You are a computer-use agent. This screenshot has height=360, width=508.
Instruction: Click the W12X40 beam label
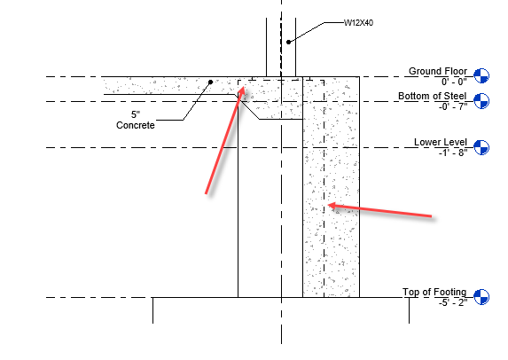pyautogui.click(x=358, y=23)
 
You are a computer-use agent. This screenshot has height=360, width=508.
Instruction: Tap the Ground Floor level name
pyautogui.click(x=438, y=71)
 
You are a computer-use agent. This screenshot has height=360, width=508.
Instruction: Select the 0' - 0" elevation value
pyautogui.click(x=454, y=82)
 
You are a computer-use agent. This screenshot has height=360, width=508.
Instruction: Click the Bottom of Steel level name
pyautogui.click(x=432, y=96)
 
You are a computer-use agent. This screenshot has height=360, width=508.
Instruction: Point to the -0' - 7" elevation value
pyautogui.click(x=453, y=106)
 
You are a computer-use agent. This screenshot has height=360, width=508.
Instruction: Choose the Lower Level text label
pyautogui.click(x=441, y=142)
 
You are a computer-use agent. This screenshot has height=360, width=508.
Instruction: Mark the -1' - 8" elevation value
pyautogui.click(x=453, y=152)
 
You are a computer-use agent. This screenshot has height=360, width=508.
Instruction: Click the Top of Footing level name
pyautogui.click(x=434, y=292)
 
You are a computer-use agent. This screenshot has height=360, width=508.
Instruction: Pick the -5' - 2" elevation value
pyautogui.click(x=453, y=302)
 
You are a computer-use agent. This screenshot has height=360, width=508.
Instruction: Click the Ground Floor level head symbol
pyautogui.click(x=481, y=76)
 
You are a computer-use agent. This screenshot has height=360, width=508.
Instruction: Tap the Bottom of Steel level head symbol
pyautogui.click(x=481, y=101)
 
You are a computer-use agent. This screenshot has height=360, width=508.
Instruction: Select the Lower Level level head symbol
pyautogui.click(x=481, y=147)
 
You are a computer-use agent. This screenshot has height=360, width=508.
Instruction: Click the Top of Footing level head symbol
pyautogui.click(x=481, y=297)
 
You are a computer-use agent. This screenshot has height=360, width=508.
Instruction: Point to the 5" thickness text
pyautogui.click(x=136, y=114)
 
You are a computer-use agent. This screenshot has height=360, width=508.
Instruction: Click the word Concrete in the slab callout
pyautogui.click(x=136, y=125)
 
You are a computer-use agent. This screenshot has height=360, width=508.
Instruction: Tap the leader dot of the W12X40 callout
pyautogui.click(x=288, y=43)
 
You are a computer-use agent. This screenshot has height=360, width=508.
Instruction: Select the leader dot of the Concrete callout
pyautogui.click(x=210, y=82)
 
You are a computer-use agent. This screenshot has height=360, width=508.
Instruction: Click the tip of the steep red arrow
pyautogui.click(x=243, y=86)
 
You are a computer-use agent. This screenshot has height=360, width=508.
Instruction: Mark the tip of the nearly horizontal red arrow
pyautogui.click(x=327, y=205)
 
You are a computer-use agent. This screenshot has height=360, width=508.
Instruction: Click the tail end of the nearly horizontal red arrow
pyautogui.click(x=432, y=216)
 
